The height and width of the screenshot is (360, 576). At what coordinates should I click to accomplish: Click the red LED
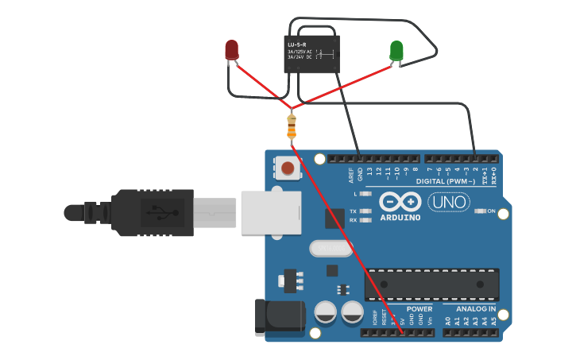tap(231, 51)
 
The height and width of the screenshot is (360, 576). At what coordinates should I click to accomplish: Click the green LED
tap(396, 52)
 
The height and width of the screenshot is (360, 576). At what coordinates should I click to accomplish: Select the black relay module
tap(312, 54)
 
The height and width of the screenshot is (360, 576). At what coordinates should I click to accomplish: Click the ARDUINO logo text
tap(400, 217)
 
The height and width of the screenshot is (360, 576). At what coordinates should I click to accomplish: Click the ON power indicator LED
tap(480, 211)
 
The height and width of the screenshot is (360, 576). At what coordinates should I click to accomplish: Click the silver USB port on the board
tap(271, 212)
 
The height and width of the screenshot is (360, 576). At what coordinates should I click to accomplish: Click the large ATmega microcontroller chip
tap(432, 285)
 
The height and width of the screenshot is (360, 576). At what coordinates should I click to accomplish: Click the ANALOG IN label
tap(475, 308)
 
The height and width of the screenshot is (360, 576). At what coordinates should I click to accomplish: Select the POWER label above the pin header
tap(419, 308)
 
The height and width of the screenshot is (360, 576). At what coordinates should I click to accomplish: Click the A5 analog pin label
tap(493, 321)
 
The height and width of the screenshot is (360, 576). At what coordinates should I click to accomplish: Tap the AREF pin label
tap(350, 174)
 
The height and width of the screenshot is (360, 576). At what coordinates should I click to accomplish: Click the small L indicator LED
tap(365, 194)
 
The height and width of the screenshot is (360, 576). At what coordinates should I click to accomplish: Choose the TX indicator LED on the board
tap(365, 211)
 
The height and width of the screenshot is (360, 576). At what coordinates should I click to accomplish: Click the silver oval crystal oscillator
tap(331, 249)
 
